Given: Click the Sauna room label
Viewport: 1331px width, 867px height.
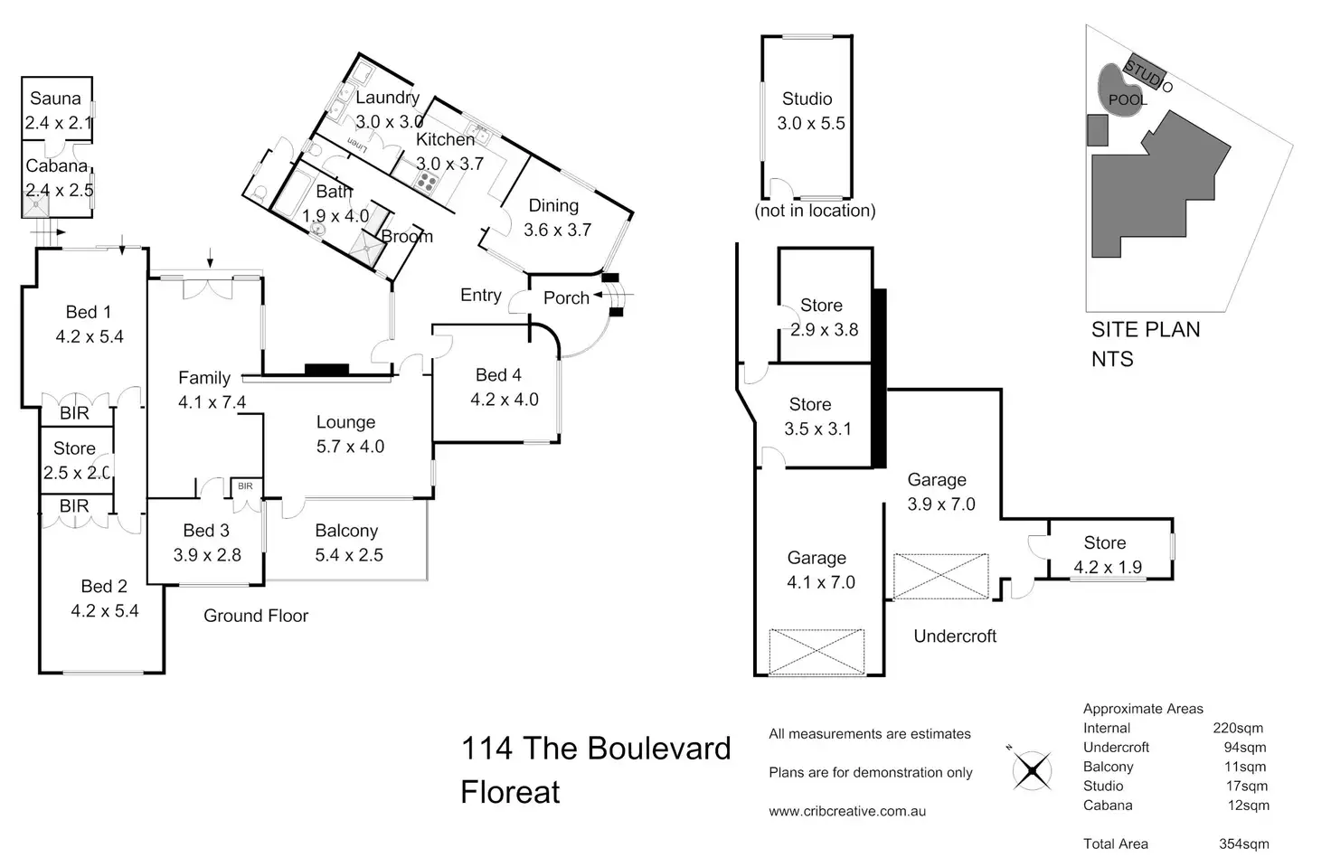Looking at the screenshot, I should pos(55,99).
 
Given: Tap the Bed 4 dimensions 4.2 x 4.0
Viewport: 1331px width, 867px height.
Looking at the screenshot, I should pos(505,400).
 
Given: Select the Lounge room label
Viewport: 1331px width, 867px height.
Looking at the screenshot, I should pos(345,422).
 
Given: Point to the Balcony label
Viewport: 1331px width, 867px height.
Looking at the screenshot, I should pos(346,531).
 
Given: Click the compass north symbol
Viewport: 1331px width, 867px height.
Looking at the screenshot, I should pos(1031,770).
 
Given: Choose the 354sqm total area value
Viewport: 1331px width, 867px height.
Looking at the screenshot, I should pos(1243,843).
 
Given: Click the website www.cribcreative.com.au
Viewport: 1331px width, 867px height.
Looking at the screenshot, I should pos(847,811).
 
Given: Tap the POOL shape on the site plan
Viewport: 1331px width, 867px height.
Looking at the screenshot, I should pos(1121,90).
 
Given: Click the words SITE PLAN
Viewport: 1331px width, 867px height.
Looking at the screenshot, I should pos(1146,330).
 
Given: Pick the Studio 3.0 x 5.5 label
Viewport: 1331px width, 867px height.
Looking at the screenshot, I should pos(807,111).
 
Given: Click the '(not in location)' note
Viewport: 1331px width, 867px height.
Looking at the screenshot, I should pos(815,211).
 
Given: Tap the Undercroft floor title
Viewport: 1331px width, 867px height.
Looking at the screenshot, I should pos(955,636).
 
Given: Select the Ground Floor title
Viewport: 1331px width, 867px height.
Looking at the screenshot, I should pos(256,616).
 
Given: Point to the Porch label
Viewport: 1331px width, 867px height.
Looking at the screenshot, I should pos(566,297).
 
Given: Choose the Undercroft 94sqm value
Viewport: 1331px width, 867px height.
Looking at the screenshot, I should pos(1245,747).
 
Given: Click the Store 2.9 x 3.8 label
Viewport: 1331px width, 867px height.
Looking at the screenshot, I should pos(822,317).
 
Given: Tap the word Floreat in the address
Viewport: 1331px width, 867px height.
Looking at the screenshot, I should pos(511,792).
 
